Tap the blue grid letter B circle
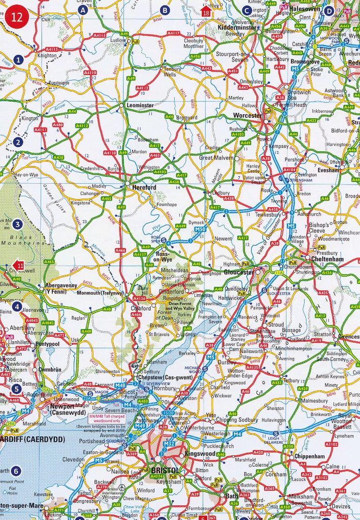(164, 10)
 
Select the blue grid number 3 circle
(18, 224)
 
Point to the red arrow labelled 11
(17, 265)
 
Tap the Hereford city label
(144, 187)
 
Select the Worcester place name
(247, 116)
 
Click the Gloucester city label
(239, 272)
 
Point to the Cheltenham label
(328, 259)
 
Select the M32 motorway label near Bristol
(169, 443)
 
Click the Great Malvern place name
(217, 158)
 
